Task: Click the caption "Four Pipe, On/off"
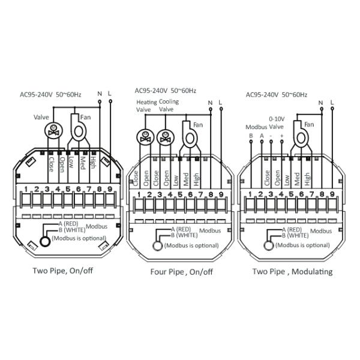[181, 272]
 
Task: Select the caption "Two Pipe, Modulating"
[292, 271]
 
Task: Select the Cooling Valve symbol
[164, 136]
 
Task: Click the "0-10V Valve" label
[275, 123]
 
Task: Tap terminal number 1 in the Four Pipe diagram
[139, 194]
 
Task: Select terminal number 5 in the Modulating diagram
[291, 194]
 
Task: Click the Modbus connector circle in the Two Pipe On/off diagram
[45, 242]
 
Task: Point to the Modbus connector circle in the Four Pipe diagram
[158, 245]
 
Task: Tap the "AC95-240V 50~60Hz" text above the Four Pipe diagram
[166, 91]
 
